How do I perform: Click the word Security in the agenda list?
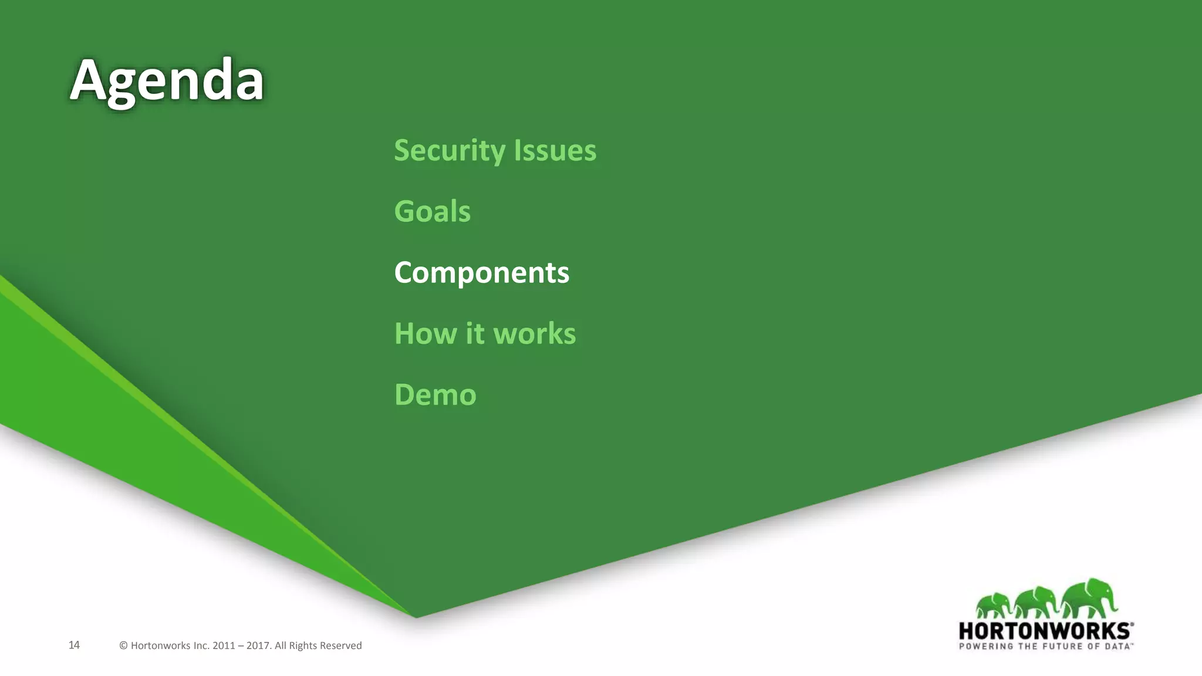(450, 151)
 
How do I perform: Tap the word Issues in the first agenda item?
(555, 151)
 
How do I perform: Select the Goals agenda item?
(432, 212)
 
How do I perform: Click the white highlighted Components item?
(481, 273)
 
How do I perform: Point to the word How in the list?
(426, 334)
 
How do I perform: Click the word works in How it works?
(534, 334)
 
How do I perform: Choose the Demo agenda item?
(435, 395)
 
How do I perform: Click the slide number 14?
(74, 645)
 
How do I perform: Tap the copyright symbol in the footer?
(123, 645)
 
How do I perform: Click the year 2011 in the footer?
(224, 645)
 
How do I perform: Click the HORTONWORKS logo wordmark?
(1045, 631)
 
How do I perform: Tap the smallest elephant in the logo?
(993, 605)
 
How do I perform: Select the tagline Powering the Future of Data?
(1045, 646)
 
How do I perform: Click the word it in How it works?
(475, 334)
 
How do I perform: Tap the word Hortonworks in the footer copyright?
(160, 645)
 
